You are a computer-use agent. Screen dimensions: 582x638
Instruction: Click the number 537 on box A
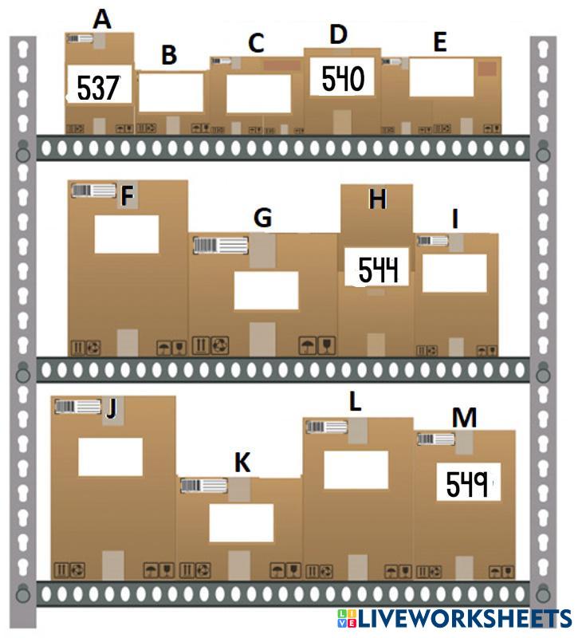[x=98, y=87]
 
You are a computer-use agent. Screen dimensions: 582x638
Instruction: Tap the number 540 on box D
[x=343, y=78]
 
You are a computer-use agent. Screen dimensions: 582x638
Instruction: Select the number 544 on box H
[x=377, y=270]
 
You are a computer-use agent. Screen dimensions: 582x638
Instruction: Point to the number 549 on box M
[x=468, y=483]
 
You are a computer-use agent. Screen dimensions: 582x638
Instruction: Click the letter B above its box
[x=169, y=55]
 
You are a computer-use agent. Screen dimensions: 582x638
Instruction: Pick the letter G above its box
[x=262, y=217]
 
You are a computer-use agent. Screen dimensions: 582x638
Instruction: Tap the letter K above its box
[x=242, y=463]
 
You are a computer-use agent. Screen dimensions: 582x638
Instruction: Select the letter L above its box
[x=356, y=401]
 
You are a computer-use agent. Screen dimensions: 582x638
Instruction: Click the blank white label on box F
[x=127, y=234]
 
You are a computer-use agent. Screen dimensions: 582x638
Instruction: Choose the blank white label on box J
[x=110, y=456]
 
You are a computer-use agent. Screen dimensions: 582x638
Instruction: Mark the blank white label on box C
[x=258, y=93]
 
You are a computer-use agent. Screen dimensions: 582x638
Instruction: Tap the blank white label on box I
[x=454, y=273]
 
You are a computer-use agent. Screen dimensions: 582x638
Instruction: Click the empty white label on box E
[x=441, y=77]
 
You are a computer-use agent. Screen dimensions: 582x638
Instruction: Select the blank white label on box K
[x=241, y=522]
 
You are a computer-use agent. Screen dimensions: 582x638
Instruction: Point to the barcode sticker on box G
[x=216, y=245]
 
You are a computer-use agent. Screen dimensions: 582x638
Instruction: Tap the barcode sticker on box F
[x=93, y=190]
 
